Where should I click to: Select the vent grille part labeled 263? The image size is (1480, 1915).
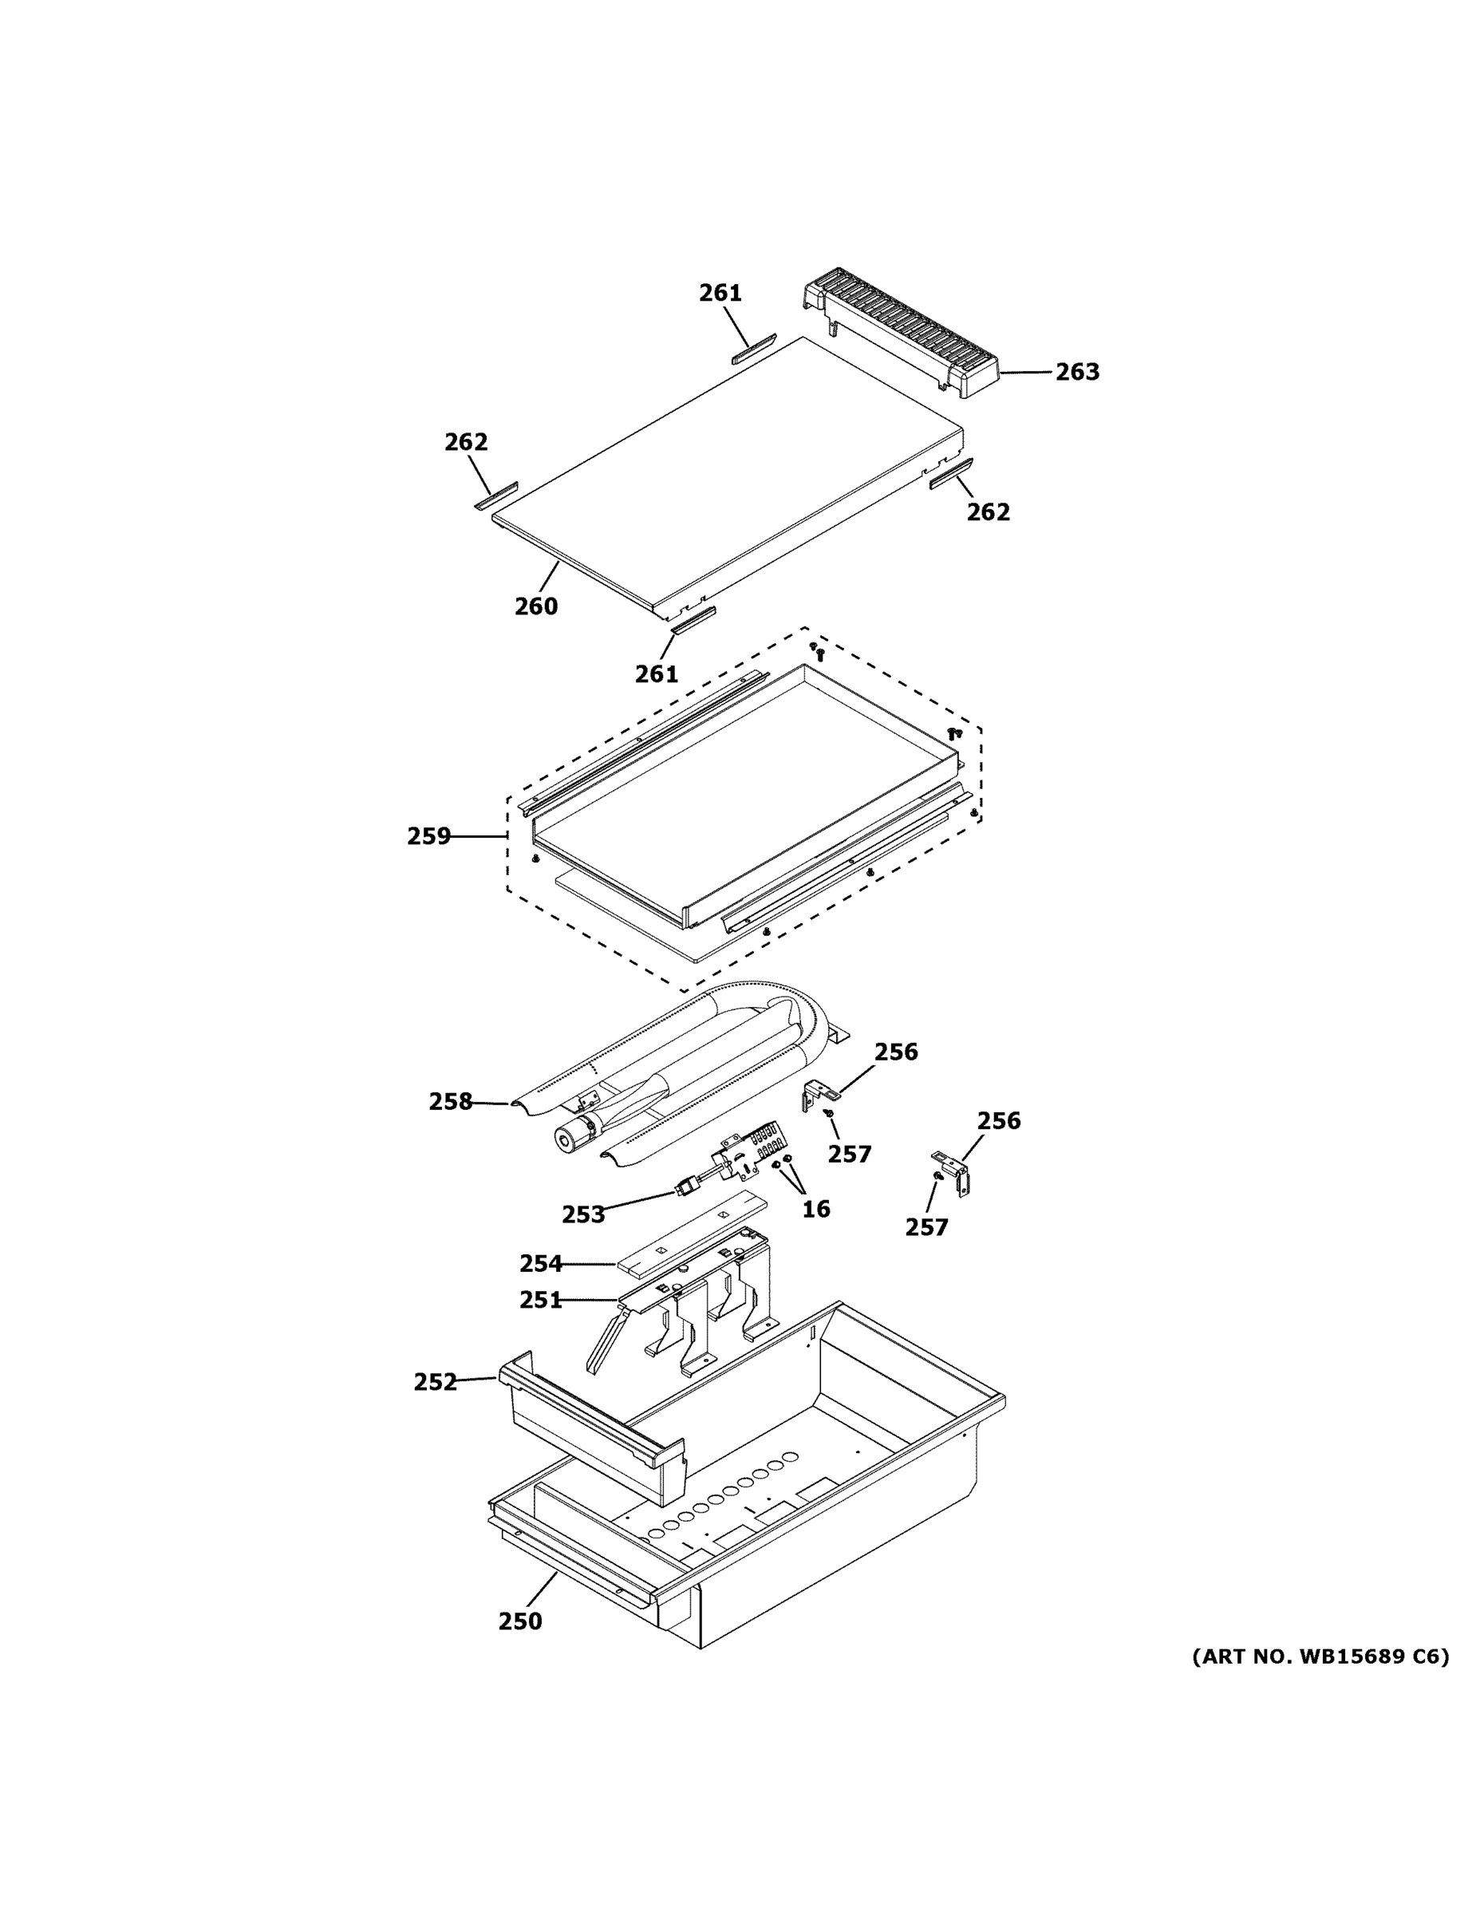(x=903, y=334)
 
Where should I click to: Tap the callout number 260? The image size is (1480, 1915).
(x=535, y=606)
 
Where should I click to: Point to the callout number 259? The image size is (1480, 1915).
(x=428, y=836)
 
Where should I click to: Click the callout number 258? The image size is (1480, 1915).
(x=451, y=1101)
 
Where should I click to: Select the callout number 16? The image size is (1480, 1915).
(x=815, y=1209)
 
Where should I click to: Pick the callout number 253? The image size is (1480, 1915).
(x=583, y=1214)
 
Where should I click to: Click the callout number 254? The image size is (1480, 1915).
(x=540, y=1264)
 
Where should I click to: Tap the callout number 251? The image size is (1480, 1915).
(x=540, y=1300)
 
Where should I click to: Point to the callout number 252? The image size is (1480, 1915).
(x=436, y=1382)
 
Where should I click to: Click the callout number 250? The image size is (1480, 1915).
(x=520, y=1621)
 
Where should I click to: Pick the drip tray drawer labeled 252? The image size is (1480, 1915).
(x=596, y=1429)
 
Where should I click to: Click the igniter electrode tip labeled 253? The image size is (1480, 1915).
(x=685, y=1189)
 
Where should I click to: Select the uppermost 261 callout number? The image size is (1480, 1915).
(x=720, y=293)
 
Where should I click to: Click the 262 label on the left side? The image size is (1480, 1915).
(x=466, y=442)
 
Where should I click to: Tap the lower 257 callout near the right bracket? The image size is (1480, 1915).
(x=927, y=1227)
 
